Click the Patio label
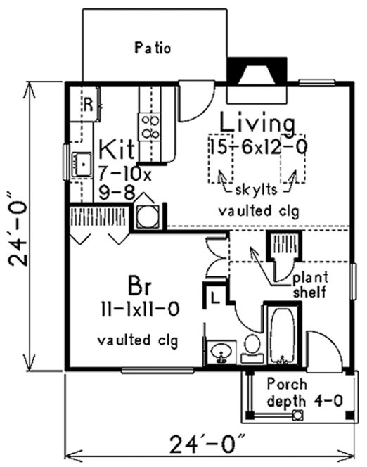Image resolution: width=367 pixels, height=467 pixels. (x=153, y=48)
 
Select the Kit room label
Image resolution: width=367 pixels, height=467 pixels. (x=117, y=150)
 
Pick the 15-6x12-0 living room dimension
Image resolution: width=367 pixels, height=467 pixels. (x=258, y=149)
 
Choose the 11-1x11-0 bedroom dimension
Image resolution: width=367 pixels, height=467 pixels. (x=139, y=309)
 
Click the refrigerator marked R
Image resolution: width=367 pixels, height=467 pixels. (x=87, y=104)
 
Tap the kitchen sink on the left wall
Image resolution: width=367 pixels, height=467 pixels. (x=82, y=165)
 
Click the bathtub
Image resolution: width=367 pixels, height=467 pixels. (x=283, y=334)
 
